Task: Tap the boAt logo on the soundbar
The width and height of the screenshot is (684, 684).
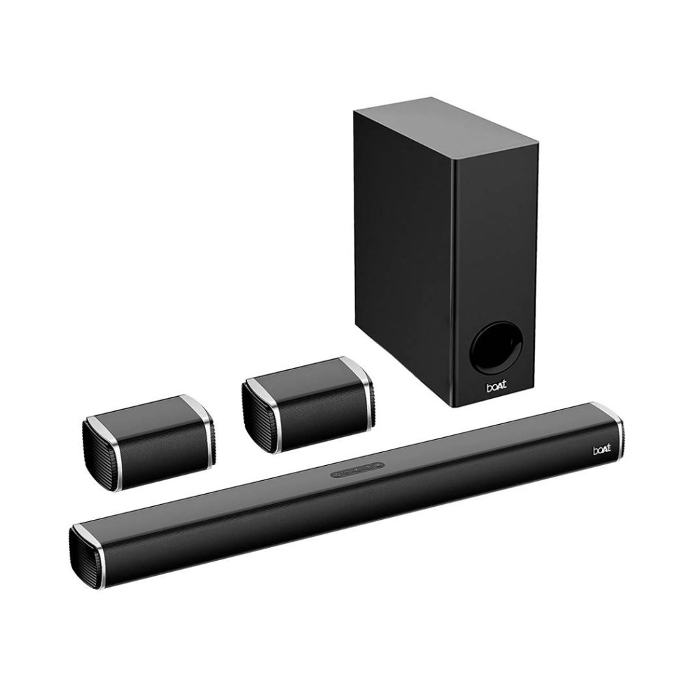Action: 602,450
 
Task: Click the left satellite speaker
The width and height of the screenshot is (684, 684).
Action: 148,443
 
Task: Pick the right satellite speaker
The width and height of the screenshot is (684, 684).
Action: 308,405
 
